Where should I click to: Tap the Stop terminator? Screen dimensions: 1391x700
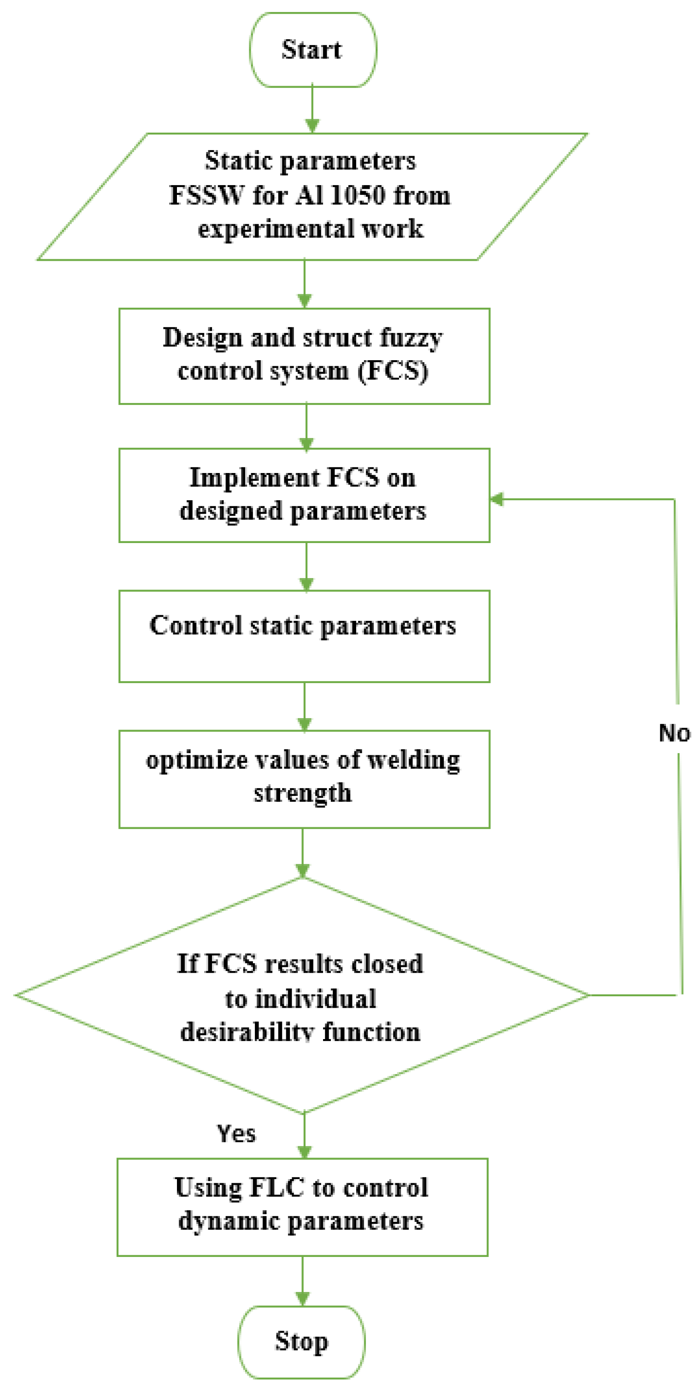click(x=301, y=1342)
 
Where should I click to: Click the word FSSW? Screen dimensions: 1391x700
click(x=206, y=195)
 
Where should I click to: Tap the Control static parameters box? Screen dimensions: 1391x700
click(x=304, y=636)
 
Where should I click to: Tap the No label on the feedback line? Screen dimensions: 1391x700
click(x=674, y=733)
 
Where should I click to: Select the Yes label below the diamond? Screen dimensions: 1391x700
click(x=236, y=1134)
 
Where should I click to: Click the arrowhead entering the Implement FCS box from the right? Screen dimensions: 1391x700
click(x=496, y=499)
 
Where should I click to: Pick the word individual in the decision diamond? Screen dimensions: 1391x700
click(x=315, y=999)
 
